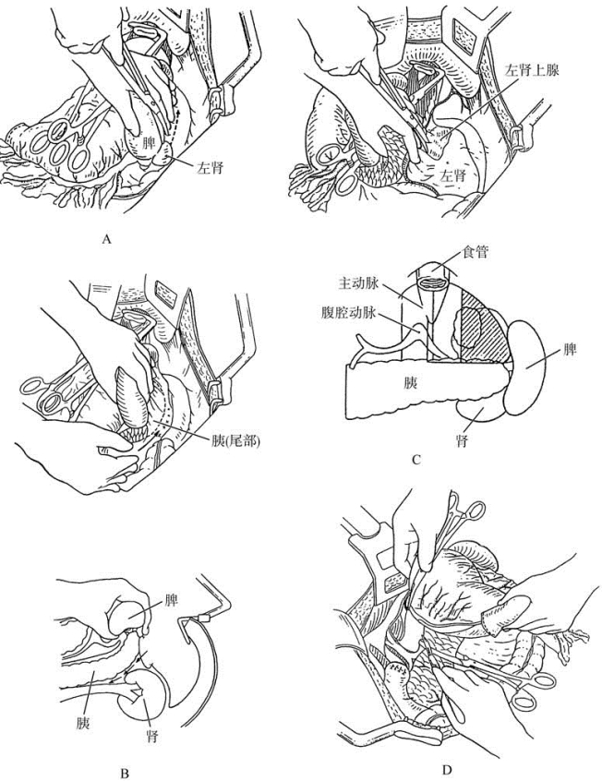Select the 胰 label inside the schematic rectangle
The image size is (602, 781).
407,381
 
